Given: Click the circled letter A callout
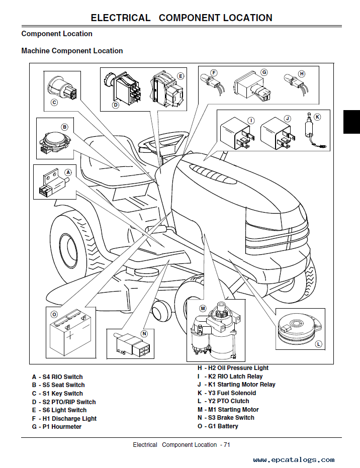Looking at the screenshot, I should coord(68,171).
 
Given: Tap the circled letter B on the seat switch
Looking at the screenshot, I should coord(64,127).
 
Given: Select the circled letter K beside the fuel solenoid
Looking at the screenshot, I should coord(317,117).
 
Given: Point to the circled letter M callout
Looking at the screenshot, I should coord(203,308).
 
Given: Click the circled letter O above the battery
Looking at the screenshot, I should coord(54,314).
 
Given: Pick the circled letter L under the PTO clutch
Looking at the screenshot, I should coord(318,344).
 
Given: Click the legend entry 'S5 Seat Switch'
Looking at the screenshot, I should coord(58,385).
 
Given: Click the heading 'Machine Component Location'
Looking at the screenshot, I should coord(72,51).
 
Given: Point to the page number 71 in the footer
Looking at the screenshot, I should coord(227,445).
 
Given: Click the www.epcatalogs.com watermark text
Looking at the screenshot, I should coord(294,459).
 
